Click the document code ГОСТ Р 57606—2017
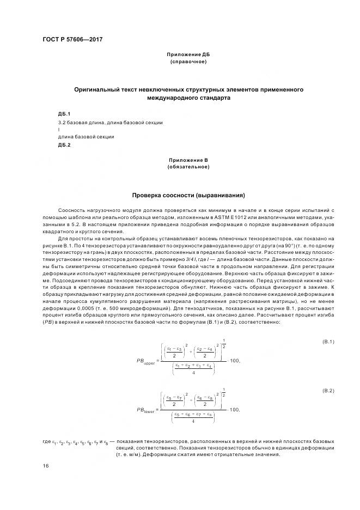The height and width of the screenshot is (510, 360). point(72,40)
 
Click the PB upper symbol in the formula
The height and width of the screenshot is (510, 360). point(145,361)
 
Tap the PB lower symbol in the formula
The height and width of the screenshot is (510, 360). point(145,409)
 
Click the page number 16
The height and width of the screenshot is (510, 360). point(45,466)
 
